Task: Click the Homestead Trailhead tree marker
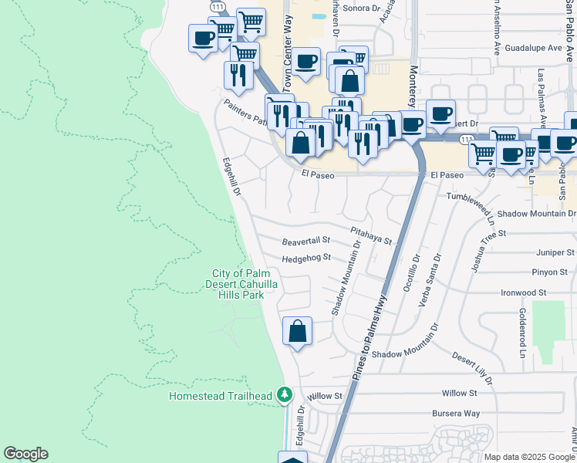pyautogui.click(x=285, y=395)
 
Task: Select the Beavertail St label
pyautogui.click(x=305, y=241)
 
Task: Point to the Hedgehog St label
pyautogui.click(x=306, y=258)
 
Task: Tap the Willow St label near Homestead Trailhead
pyautogui.click(x=325, y=396)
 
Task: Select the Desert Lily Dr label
pyautogui.click(x=472, y=370)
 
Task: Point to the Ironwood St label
pyautogui.click(x=523, y=293)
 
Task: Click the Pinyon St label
pyautogui.click(x=549, y=272)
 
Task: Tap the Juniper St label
pyautogui.click(x=555, y=252)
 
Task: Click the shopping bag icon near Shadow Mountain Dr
pyautogui.click(x=297, y=332)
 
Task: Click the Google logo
pyautogui.click(x=25, y=454)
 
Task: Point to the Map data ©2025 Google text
pyautogui.click(x=528, y=457)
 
